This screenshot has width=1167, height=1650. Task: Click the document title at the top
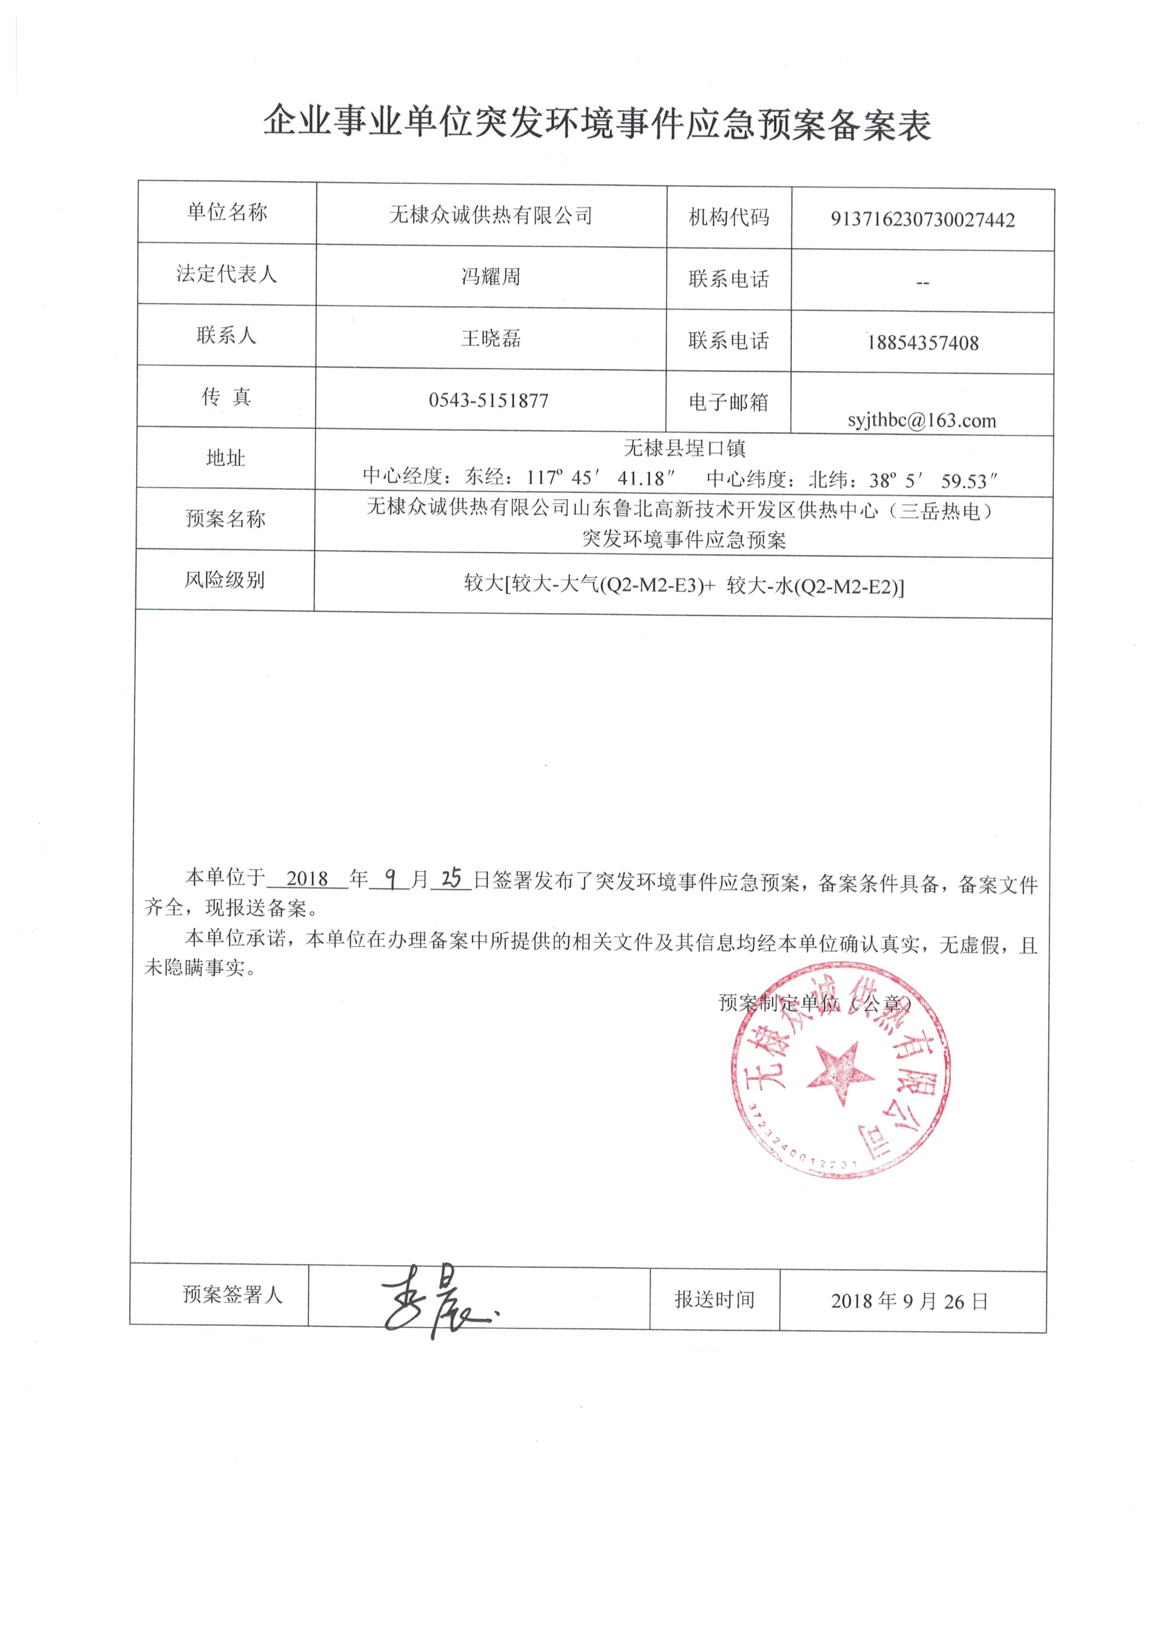click(596, 124)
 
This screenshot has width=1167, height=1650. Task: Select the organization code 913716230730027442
click(923, 220)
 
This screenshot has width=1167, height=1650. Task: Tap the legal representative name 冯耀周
click(491, 277)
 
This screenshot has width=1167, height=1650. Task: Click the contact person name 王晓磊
click(491, 338)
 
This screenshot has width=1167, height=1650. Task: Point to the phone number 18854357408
click(923, 343)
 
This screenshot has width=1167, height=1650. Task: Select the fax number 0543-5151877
click(488, 400)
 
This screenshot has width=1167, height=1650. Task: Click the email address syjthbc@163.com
click(922, 421)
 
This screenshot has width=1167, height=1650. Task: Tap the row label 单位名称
click(227, 212)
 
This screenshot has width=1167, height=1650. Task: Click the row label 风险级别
click(225, 580)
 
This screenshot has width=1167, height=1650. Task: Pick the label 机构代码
click(728, 217)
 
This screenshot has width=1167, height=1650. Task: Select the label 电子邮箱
click(728, 402)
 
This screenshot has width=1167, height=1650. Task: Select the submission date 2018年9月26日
click(910, 1301)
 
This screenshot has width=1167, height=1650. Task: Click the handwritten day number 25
click(451, 878)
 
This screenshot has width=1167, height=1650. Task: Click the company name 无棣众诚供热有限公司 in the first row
click(491, 215)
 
